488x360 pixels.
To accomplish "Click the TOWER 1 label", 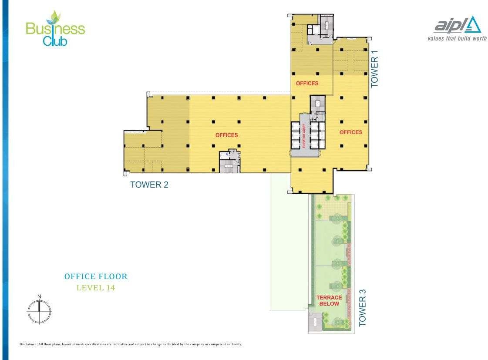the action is click(374, 69).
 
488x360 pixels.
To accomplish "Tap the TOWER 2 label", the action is click(149, 185).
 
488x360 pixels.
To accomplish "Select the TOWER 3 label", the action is click(362, 308).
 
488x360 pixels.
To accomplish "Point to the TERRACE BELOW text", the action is click(329, 300).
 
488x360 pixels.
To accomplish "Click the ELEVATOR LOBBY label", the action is click(304, 136).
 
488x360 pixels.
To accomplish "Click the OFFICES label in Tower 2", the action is click(226, 135).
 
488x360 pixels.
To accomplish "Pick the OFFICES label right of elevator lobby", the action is click(351, 132).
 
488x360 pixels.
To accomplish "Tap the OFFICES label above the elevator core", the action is click(307, 84).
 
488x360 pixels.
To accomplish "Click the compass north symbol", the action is click(39, 311).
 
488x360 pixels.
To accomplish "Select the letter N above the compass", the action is click(39, 296).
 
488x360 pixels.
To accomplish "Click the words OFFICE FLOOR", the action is click(96, 276).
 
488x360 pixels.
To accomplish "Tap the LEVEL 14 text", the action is click(96, 288).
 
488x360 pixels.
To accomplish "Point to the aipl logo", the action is click(458, 25).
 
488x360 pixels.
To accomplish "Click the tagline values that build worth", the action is click(457, 38).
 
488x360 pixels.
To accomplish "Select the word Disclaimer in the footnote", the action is click(28, 344).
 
